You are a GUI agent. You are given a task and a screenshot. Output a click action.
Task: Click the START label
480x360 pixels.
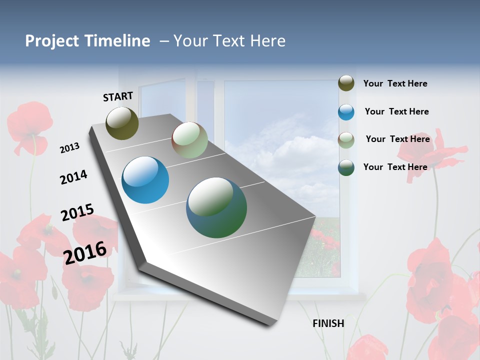[118, 96]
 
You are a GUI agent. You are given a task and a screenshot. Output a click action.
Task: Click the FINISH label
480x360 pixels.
[328, 323]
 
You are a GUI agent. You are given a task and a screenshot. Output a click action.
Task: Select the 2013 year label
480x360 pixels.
[70, 148]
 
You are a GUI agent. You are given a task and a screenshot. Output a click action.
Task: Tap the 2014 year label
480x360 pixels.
[73, 177]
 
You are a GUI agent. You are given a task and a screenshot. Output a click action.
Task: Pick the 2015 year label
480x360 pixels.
[77, 212]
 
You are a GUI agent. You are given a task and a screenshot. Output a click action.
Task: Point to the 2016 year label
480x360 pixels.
[85, 252]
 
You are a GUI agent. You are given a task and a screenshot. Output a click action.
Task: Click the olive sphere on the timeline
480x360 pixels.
[122, 123]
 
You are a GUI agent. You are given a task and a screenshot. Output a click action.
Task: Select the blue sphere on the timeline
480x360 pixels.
[145, 180]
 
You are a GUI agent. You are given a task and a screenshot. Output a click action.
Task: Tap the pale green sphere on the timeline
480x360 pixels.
[189, 140]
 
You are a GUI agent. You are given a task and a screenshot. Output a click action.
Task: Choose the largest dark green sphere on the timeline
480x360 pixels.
[216, 207]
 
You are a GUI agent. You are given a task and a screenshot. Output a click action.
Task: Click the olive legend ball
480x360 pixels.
[346, 83]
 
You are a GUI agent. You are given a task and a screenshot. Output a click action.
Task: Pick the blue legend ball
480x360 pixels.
[346, 112]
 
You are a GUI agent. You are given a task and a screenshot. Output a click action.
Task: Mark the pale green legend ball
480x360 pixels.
[346, 140]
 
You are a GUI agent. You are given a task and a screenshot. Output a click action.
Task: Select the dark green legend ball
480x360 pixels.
[346, 167]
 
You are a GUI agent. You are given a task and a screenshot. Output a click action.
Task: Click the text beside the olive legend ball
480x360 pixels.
[395, 83]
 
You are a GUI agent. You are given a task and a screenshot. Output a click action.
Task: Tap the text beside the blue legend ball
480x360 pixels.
[396, 111]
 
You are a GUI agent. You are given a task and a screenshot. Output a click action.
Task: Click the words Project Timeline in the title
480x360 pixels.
[87, 41]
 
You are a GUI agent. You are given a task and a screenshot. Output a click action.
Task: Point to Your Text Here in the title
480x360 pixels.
[229, 41]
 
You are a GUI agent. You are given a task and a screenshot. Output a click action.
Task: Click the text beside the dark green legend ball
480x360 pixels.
[395, 167]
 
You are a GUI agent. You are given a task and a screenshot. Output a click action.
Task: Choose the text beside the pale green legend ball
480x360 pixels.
[397, 139]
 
